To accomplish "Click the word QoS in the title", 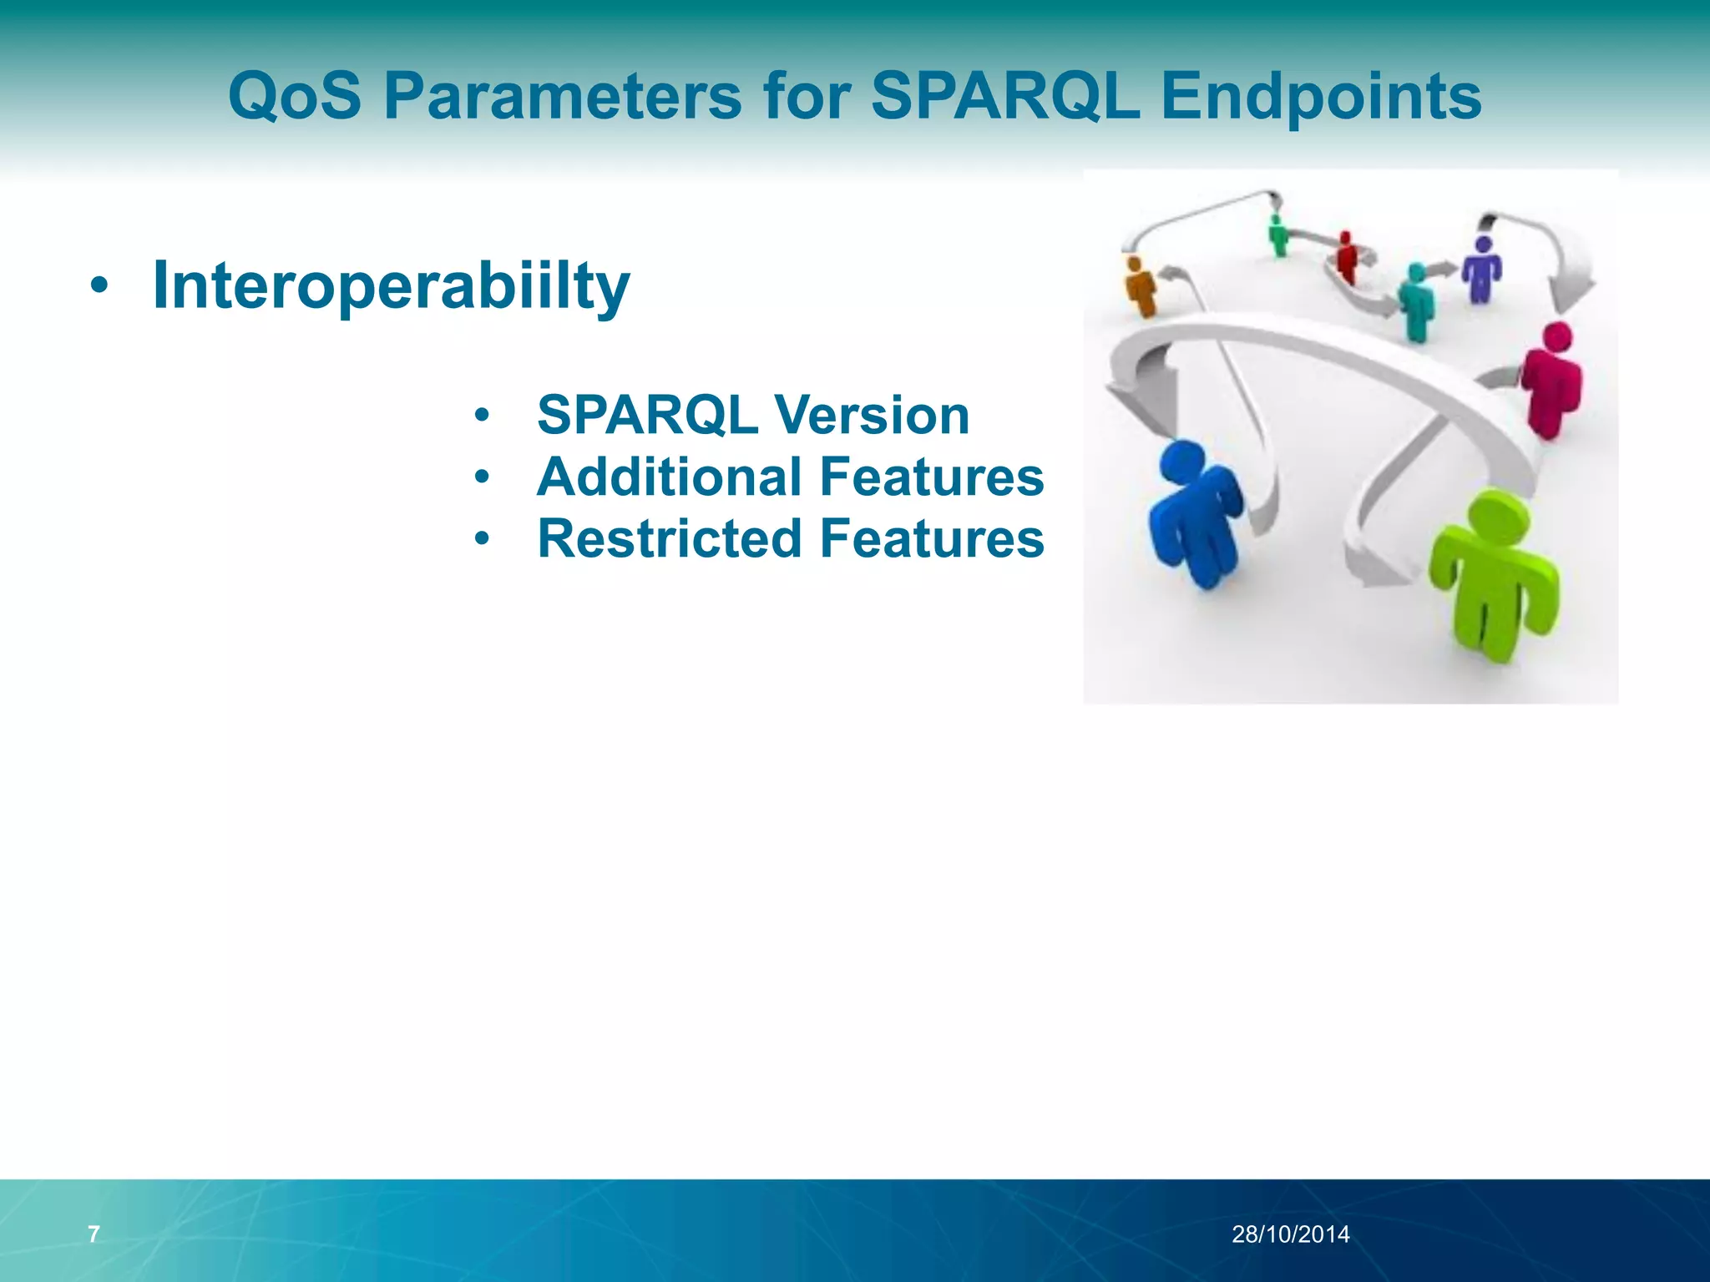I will coord(295,97).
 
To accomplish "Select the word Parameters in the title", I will coord(562,97).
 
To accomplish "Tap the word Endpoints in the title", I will coord(1321,97).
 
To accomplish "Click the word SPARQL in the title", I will coord(1005,97).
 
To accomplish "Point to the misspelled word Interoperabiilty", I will coord(391,286).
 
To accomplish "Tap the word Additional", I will coord(670,477).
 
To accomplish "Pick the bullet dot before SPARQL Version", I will coord(481,416).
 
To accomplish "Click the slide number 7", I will coord(94,1234).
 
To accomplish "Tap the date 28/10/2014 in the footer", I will coord(1290,1234).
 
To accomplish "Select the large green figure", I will coord(1493,576).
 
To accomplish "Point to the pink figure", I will coord(1551,380).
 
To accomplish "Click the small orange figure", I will coord(1140,286).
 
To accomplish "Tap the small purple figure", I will coord(1482,269).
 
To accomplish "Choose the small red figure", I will coord(1345,257).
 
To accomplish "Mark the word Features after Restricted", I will coord(932,538).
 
